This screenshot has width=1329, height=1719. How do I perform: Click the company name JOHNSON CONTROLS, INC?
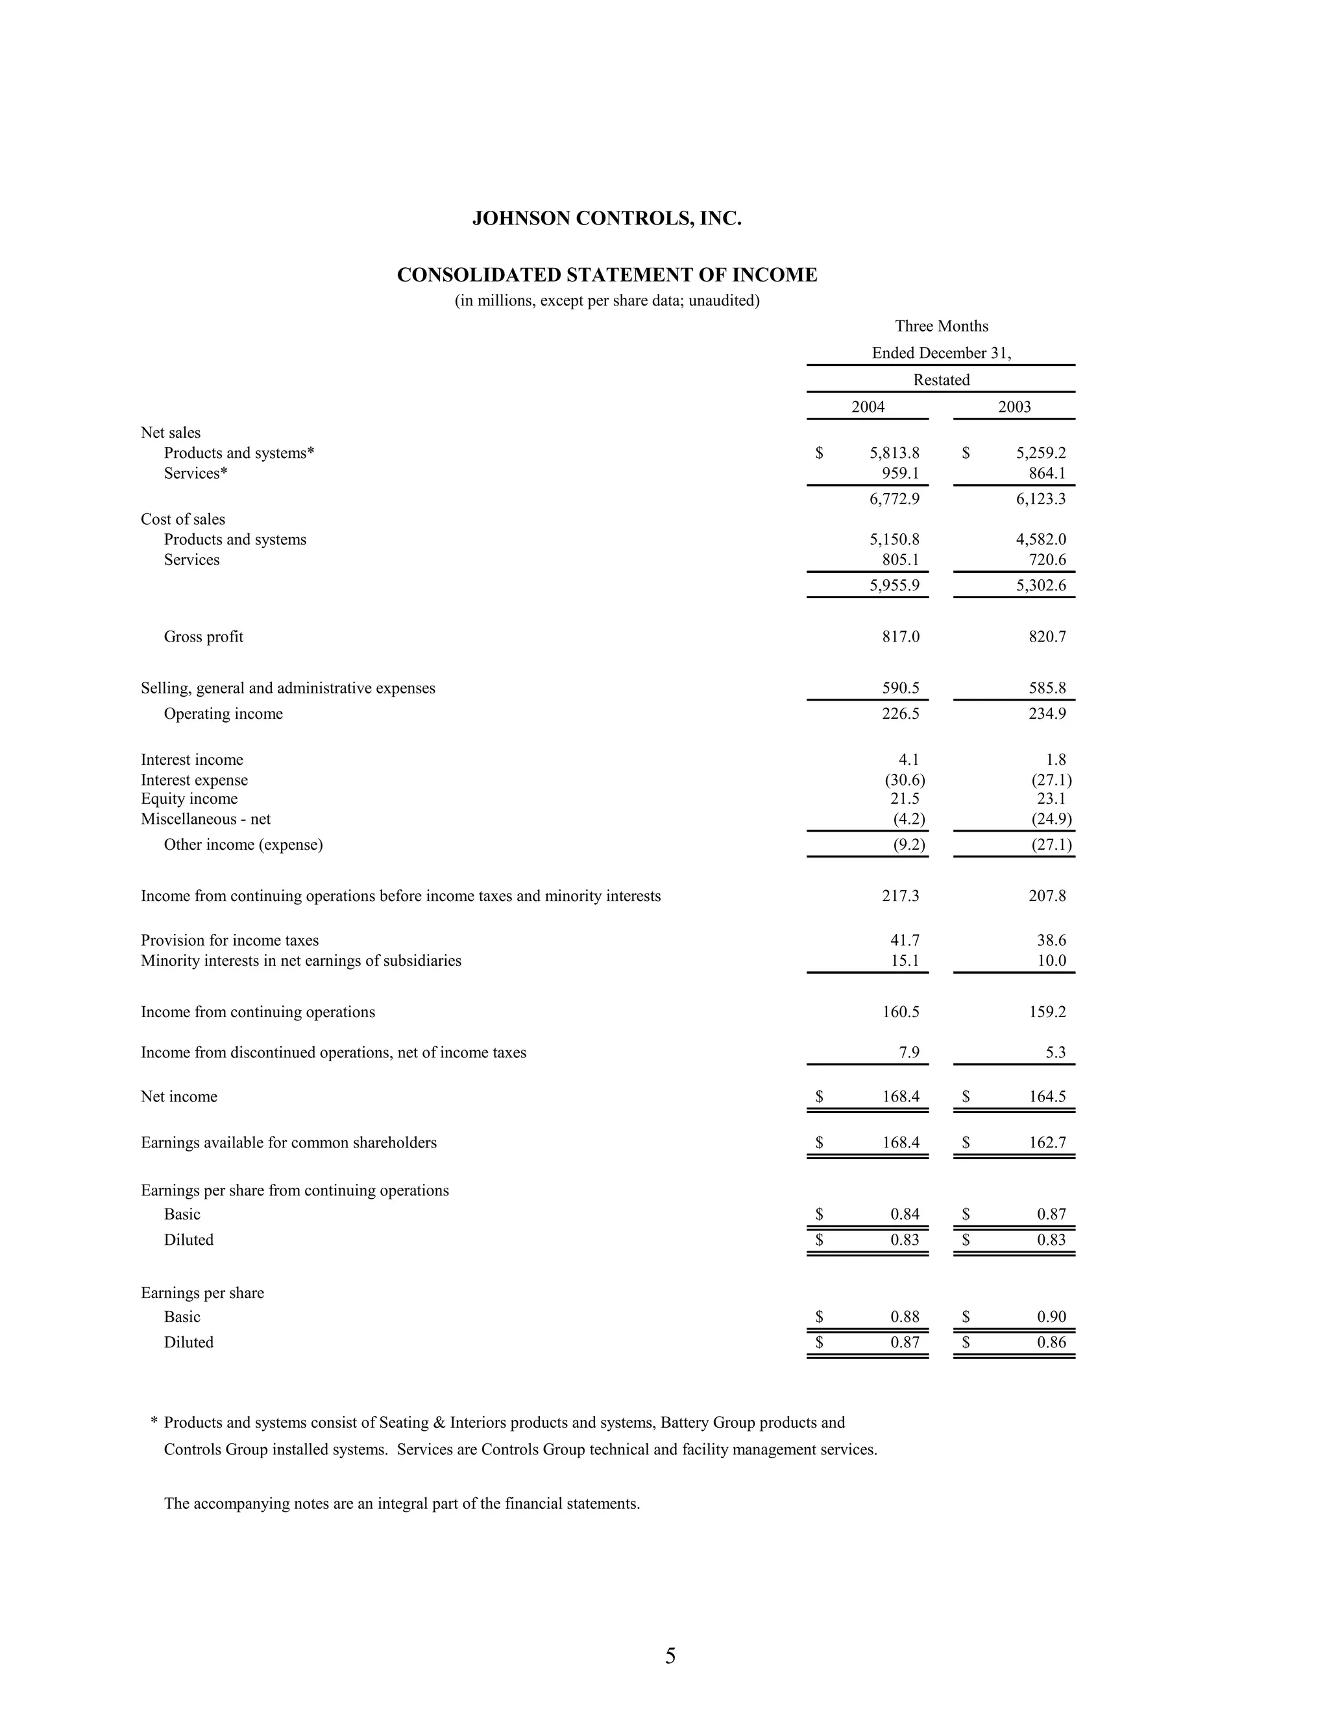pos(606,219)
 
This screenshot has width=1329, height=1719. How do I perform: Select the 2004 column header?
pos(868,407)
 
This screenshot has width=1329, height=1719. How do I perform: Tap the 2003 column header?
pos(1014,407)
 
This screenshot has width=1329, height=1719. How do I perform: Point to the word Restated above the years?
pos(941,380)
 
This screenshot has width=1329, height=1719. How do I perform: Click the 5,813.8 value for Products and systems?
pos(894,453)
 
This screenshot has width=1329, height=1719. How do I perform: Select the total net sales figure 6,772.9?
pos(894,499)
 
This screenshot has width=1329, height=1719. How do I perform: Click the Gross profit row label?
pos(203,637)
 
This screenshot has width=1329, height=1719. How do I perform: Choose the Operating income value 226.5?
pos(900,714)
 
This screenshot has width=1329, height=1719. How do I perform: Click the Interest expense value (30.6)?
pos(905,780)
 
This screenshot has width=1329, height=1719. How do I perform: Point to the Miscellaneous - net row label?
pos(206,819)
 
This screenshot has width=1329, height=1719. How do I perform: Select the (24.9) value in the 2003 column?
pos(1051,819)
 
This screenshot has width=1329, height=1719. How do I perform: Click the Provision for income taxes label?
pos(229,941)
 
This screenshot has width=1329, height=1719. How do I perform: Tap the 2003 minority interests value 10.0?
pos(1051,961)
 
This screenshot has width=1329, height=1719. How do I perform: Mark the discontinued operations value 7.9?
pos(908,1053)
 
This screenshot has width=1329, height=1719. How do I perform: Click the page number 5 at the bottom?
pos(670,1656)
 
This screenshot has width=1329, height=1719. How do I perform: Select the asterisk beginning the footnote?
pos(154,1423)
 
